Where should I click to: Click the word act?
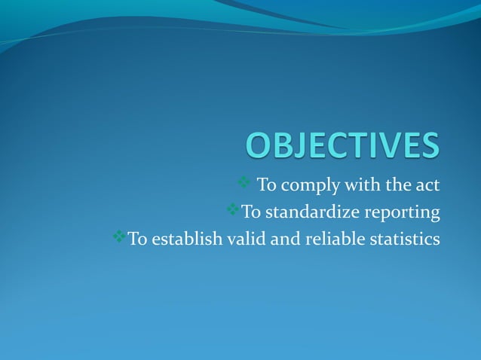(427, 185)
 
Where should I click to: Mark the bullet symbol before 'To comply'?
(244, 183)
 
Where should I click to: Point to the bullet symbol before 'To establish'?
(119, 237)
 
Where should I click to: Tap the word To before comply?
(267, 185)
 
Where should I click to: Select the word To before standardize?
(250, 212)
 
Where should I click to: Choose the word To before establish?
(137, 239)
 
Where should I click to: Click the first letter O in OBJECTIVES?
(261, 146)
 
